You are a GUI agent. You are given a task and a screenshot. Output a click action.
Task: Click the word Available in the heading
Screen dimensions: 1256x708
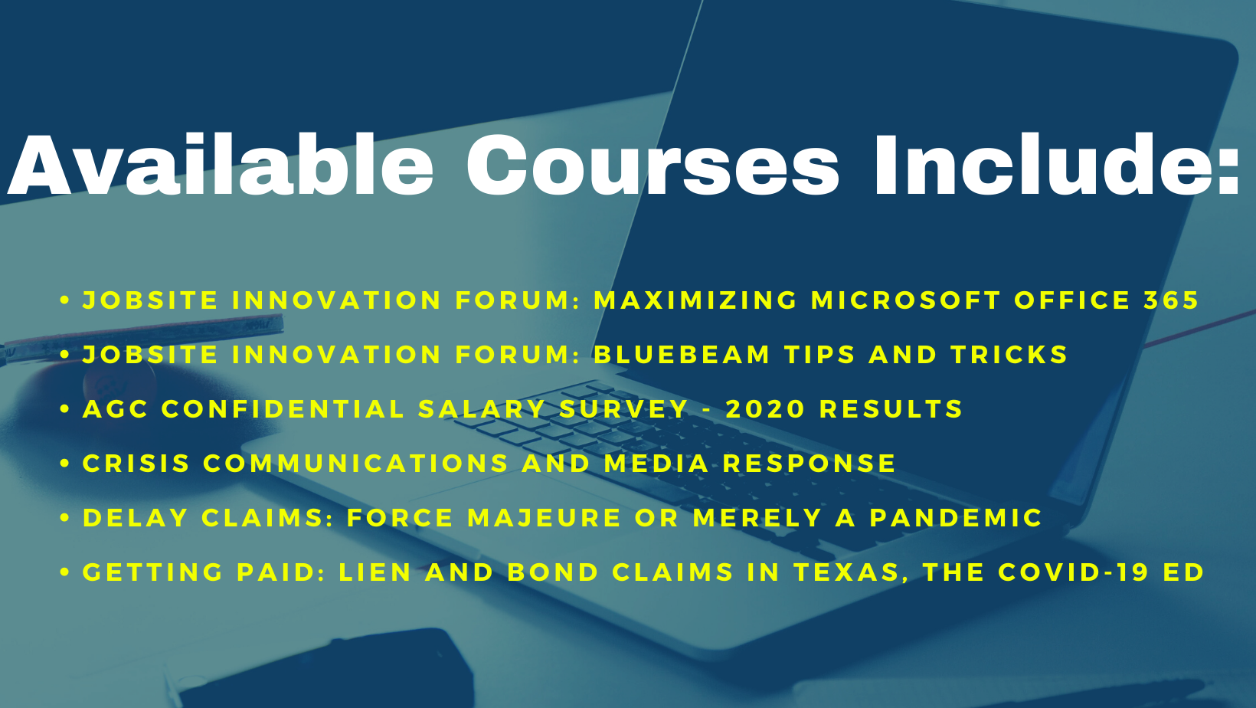click(x=221, y=165)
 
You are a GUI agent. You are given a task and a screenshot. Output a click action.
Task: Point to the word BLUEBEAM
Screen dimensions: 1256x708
click(x=682, y=355)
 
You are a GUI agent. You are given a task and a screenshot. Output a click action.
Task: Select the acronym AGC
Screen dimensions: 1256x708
click(x=116, y=409)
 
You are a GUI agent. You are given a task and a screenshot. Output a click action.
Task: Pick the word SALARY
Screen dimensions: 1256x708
click(x=482, y=409)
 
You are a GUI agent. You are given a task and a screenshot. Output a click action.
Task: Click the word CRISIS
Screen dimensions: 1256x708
click(x=136, y=464)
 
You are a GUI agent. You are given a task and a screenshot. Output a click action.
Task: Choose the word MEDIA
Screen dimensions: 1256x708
click(x=656, y=464)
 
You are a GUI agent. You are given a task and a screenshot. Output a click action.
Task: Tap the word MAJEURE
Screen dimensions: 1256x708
click(x=545, y=518)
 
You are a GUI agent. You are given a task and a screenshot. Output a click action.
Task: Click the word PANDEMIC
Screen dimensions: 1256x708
click(x=956, y=518)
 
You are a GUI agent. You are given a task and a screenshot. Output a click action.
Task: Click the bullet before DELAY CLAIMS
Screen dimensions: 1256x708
click(x=64, y=518)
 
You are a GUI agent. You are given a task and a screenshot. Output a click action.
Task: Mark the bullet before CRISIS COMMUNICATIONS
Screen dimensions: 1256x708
click(x=64, y=464)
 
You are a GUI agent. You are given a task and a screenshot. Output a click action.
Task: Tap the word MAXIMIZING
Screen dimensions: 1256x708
click(x=695, y=300)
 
